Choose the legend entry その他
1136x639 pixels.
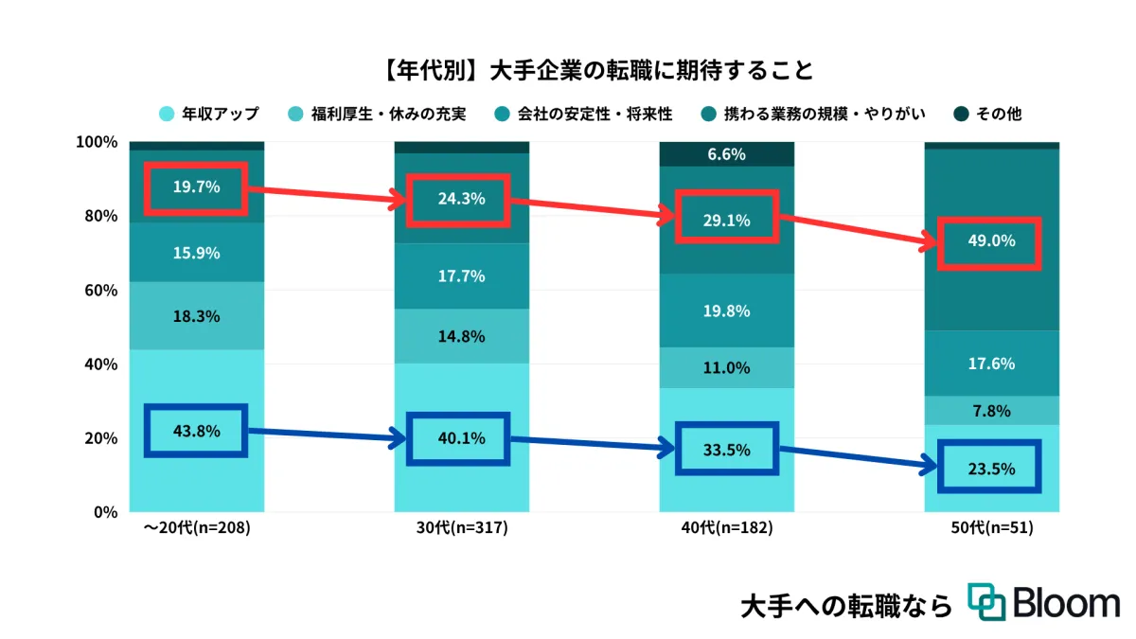(x=998, y=115)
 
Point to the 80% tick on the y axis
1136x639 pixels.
(x=96, y=216)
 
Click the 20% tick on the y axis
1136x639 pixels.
(x=96, y=438)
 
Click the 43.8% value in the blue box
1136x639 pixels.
(x=196, y=431)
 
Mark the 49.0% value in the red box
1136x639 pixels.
(x=991, y=241)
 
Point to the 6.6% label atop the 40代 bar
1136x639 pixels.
(x=726, y=154)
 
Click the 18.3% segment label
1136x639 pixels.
(x=196, y=316)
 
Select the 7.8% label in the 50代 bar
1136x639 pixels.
(x=991, y=411)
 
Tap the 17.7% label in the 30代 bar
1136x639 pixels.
(x=461, y=276)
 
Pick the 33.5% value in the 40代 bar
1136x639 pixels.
(x=726, y=450)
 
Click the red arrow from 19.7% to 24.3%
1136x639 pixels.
(x=327, y=195)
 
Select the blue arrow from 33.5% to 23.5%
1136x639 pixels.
(x=857, y=458)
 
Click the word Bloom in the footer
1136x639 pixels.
(x=1065, y=602)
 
